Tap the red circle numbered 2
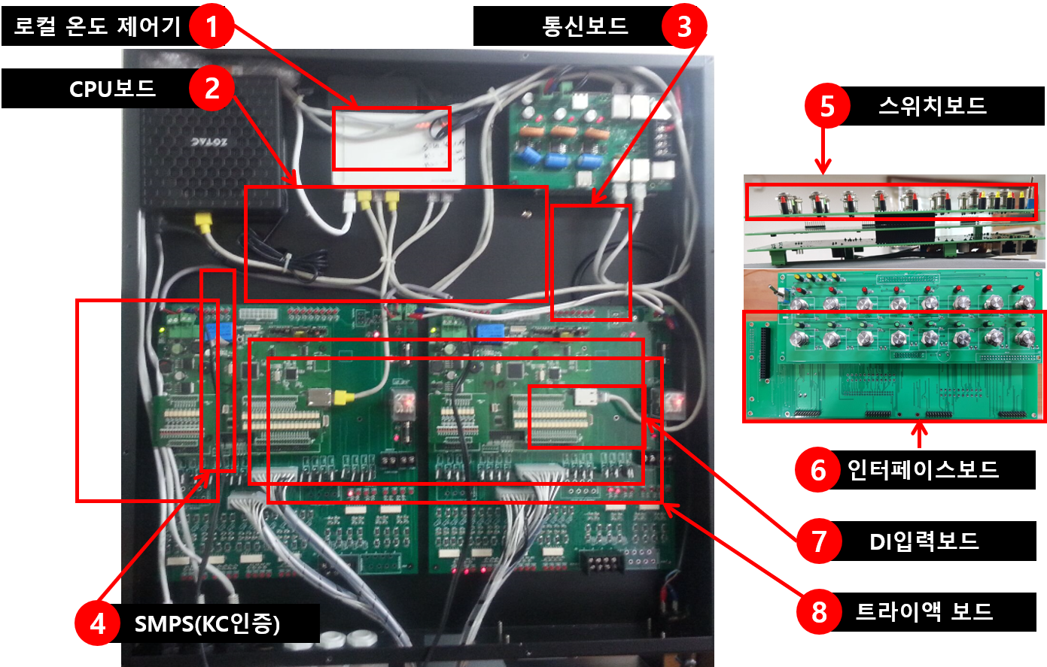point(212,89)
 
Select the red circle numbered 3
point(683,27)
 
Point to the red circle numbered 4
point(97,624)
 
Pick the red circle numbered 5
point(826,107)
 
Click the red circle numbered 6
point(817,470)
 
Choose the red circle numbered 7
point(819,541)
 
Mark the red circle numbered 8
point(819,612)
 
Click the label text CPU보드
point(112,89)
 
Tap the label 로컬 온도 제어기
point(97,27)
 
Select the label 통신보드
point(585,26)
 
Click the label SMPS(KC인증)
point(207,624)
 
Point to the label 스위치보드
point(932,106)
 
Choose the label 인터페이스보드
point(923,469)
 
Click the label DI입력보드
point(924,541)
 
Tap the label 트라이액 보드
point(924,611)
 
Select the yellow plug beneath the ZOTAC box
point(202,221)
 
